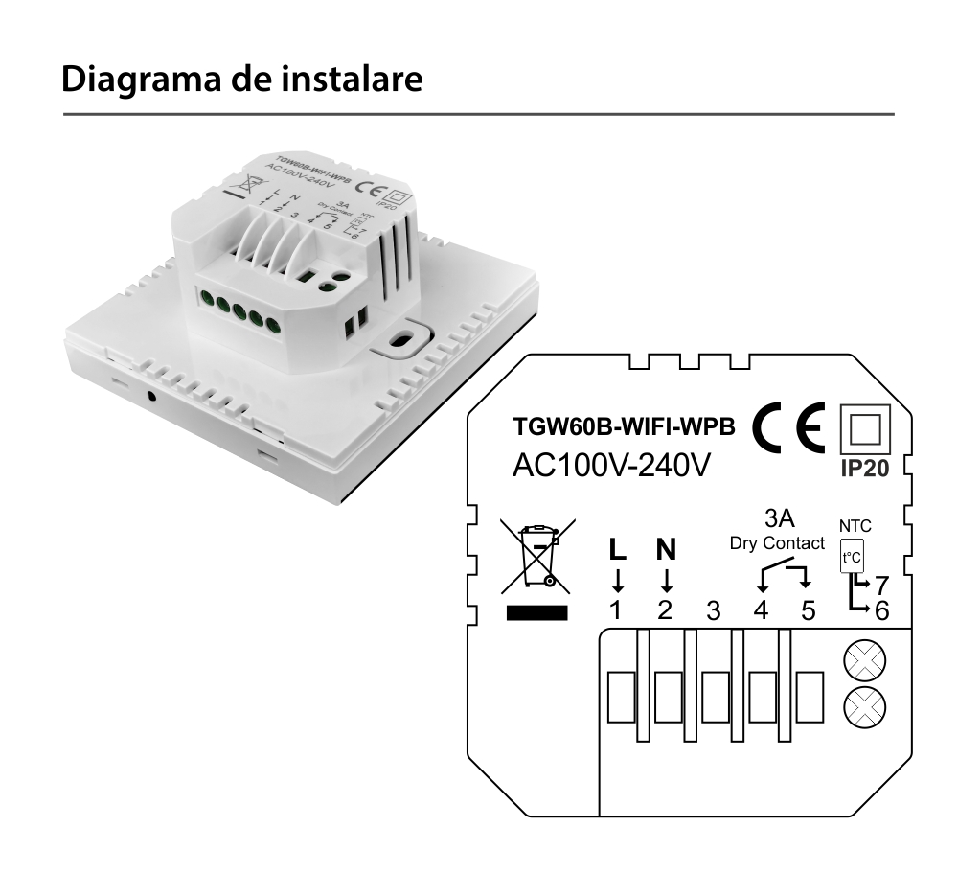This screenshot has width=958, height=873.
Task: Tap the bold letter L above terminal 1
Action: (618, 550)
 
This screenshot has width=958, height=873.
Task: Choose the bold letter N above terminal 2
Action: (666, 550)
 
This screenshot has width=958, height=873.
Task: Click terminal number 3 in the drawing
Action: (713, 610)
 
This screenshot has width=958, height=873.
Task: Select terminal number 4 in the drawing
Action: (761, 610)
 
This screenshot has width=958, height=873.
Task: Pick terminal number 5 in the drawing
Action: (808, 610)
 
